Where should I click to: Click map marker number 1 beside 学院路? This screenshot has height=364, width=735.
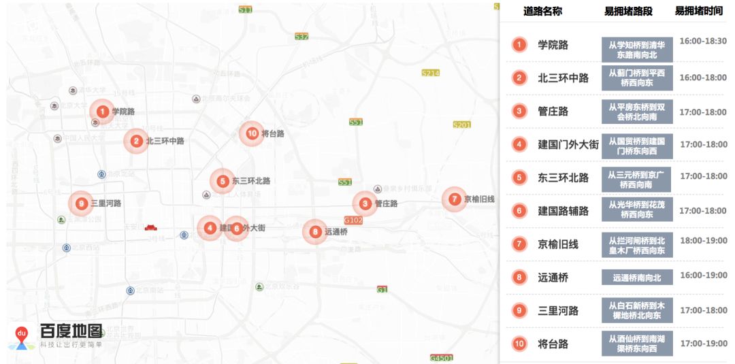102,111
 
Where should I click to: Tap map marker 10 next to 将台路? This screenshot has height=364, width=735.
252,133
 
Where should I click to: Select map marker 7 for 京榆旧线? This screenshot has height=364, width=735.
455,199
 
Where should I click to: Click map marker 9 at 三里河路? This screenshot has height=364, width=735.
81,203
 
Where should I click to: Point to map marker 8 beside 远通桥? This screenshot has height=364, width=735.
315,231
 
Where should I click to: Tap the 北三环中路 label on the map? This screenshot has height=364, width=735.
165,142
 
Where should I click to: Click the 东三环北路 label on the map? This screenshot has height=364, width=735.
251,181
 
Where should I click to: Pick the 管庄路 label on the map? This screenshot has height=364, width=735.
386,203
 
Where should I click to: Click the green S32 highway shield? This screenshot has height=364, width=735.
301,37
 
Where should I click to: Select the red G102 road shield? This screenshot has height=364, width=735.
353,220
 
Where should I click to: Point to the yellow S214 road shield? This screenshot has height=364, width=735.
431,73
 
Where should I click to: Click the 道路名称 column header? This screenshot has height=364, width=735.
542,12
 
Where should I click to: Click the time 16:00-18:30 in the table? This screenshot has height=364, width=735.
703,42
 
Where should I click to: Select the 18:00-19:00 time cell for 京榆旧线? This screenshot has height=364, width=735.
703,241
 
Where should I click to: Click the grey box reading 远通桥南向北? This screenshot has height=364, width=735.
637,278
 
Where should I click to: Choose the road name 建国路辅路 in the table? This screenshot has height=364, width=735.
563,211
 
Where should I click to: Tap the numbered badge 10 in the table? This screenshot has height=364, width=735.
519,344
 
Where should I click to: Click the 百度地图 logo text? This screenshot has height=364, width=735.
71,331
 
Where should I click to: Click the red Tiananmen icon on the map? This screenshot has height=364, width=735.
151,227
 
